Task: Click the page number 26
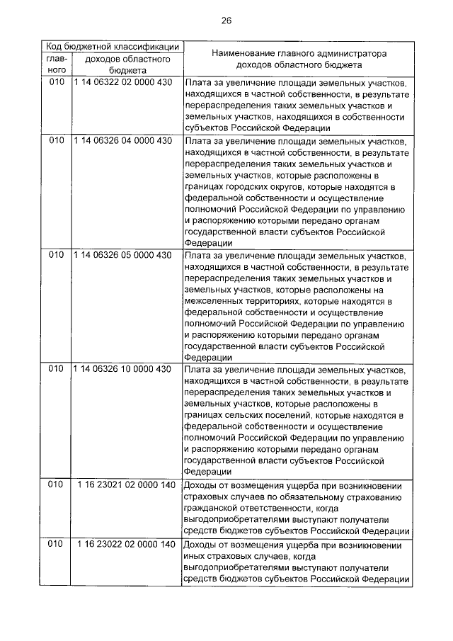(226, 21)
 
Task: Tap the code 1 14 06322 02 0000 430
(122, 83)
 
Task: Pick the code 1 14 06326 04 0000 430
(122, 140)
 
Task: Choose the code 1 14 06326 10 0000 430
(122, 370)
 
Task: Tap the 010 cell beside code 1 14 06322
(57, 83)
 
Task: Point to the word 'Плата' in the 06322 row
(196, 83)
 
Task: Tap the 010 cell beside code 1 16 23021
(57, 485)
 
